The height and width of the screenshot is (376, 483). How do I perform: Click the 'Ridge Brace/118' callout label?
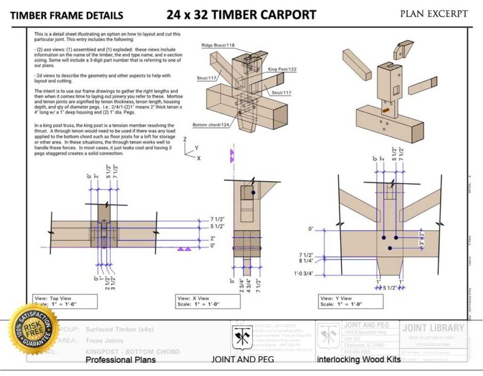[x=219, y=45]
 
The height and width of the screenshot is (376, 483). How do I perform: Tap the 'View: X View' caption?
[x=194, y=298]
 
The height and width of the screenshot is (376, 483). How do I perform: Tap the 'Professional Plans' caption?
[x=121, y=360]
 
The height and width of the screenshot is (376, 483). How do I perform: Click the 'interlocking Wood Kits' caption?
[x=359, y=360]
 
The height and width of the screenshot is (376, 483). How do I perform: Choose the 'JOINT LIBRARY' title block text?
[x=433, y=328]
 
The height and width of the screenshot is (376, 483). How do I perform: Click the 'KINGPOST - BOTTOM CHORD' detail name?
[x=132, y=351]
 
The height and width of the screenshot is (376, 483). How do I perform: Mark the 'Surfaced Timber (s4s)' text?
[x=123, y=330]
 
